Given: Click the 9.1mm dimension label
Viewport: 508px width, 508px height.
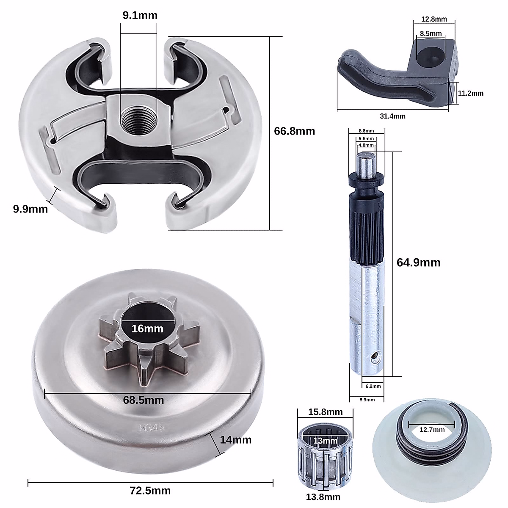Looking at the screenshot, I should [140, 16].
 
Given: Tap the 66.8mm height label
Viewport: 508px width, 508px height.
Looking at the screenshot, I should [294, 131].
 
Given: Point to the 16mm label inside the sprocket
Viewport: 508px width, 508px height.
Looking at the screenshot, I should [147, 328].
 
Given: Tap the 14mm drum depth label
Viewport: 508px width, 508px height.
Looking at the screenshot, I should [235, 440].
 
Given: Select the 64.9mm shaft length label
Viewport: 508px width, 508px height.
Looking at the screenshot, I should [418, 262].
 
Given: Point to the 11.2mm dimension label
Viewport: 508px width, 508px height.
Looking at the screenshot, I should [470, 93].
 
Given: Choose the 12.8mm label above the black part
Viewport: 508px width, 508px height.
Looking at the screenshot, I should [434, 19].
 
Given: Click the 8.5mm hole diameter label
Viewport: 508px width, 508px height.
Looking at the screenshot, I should [431, 33].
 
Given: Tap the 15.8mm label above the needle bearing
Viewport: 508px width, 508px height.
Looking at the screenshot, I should [320, 412].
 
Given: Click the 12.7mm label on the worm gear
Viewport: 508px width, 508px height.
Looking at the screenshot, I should [432, 430].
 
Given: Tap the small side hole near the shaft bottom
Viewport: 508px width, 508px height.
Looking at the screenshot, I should [373, 359].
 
